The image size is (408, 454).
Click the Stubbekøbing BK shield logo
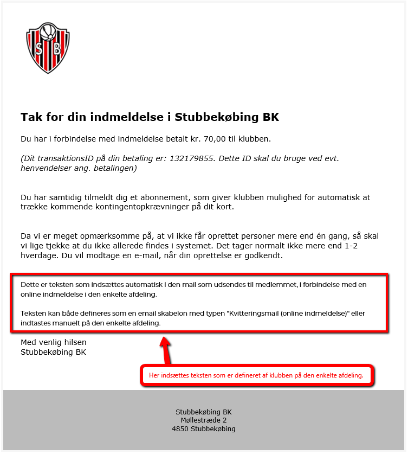click(x=48, y=48)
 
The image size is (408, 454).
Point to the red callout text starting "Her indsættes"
click(x=256, y=375)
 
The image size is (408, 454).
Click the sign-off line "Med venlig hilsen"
click(x=54, y=342)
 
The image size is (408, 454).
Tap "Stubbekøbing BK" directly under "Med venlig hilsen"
click(x=54, y=352)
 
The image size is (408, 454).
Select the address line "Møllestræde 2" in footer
click(x=204, y=420)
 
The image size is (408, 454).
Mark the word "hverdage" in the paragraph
click(x=38, y=255)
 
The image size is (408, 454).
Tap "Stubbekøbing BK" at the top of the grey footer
click(x=204, y=411)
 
